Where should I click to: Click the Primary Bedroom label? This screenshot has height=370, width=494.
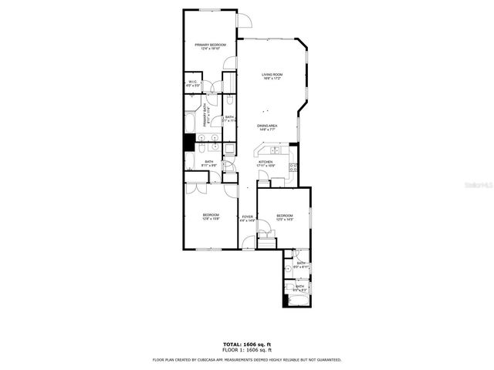pos(210,46)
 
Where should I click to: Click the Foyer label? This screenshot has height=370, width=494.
pos(247,218)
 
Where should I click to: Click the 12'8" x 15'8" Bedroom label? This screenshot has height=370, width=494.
pos(211,217)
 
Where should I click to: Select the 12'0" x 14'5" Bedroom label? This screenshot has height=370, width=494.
pos(284,217)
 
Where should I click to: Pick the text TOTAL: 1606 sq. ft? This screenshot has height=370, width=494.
pos(247,345)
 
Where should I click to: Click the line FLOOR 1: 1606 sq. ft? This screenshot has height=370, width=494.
pos(247,350)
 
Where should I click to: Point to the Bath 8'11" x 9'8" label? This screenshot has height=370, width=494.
pos(209,163)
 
